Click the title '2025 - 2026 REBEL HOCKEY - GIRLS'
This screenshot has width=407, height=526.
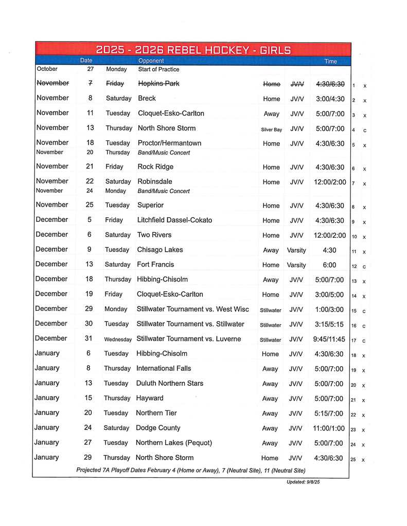(193, 50)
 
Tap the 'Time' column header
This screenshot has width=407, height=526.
(330, 62)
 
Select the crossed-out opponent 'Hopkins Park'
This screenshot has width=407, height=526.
(158, 83)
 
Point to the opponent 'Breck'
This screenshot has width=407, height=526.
(147, 98)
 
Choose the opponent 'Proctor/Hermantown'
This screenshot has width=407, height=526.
(169, 143)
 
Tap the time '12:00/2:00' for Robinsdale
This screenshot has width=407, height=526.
(330, 182)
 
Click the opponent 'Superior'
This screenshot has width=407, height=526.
(150, 205)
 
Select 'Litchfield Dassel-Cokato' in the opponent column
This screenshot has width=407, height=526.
(174, 220)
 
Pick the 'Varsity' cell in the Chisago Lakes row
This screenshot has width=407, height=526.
(296, 251)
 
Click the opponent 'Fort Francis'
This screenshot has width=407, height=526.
(155, 265)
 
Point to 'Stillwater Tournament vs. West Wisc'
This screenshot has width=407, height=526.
(192, 309)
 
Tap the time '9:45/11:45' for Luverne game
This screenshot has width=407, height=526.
(330, 339)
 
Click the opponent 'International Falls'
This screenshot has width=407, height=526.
(164, 368)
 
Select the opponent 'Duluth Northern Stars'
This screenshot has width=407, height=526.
(169, 383)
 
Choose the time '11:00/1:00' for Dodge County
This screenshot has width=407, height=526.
(330, 428)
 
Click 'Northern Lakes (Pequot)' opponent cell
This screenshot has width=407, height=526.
(173, 443)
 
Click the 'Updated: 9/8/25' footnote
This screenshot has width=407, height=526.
(304, 482)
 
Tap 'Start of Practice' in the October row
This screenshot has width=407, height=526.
(158, 69)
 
